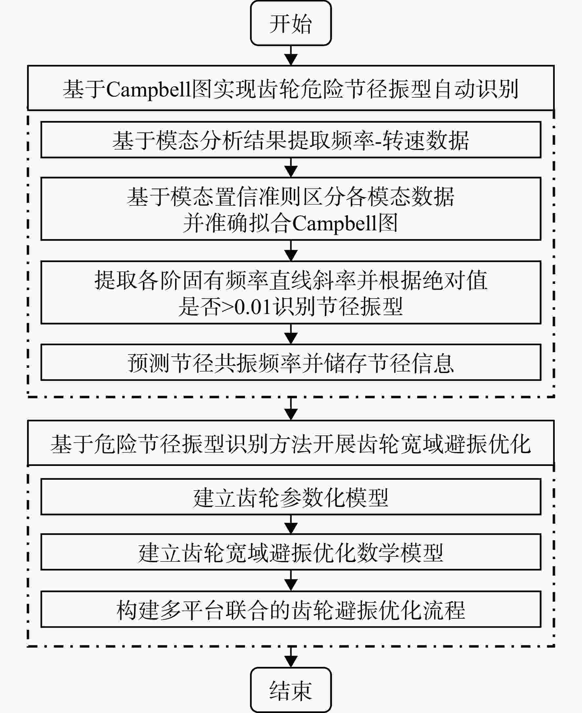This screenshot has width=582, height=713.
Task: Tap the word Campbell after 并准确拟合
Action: (335, 223)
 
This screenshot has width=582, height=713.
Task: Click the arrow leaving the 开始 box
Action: (291, 55)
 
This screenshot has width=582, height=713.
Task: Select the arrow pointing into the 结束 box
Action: (291, 657)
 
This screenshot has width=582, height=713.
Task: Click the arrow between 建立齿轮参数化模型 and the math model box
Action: (291, 524)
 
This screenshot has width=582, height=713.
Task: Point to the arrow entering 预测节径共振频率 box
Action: (291, 334)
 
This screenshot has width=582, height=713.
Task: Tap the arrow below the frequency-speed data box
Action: (291, 167)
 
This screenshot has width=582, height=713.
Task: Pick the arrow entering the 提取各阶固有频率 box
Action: (291, 250)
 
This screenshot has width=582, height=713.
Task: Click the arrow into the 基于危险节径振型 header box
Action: (291, 409)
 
